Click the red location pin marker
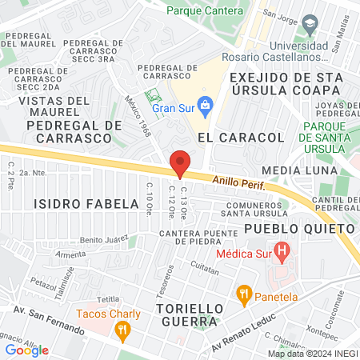pos(180,164)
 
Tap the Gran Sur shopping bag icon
pos(206,104)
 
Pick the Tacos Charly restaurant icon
pos(122,329)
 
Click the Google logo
pos(26,350)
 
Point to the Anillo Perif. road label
pos(238,184)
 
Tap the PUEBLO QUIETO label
pos(289,228)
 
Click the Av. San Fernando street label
pos(50,318)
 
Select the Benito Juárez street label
pos(106,240)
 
